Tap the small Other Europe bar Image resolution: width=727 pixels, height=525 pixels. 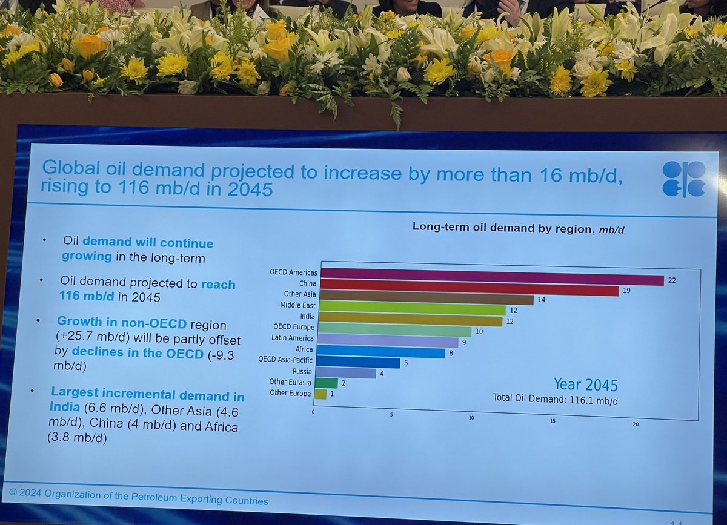tap(321, 394)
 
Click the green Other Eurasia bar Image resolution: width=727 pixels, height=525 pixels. tap(327, 383)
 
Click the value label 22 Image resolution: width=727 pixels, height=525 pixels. tap(671, 280)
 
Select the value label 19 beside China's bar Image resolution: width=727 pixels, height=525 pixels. tap(626, 291)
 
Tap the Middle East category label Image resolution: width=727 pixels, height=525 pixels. tap(297, 305)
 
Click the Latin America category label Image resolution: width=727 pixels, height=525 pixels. tap(294, 338)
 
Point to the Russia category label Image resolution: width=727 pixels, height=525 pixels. tap(302, 371)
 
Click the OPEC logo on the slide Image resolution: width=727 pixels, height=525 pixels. tap(683, 179)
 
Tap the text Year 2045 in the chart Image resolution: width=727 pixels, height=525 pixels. tap(585, 384)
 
